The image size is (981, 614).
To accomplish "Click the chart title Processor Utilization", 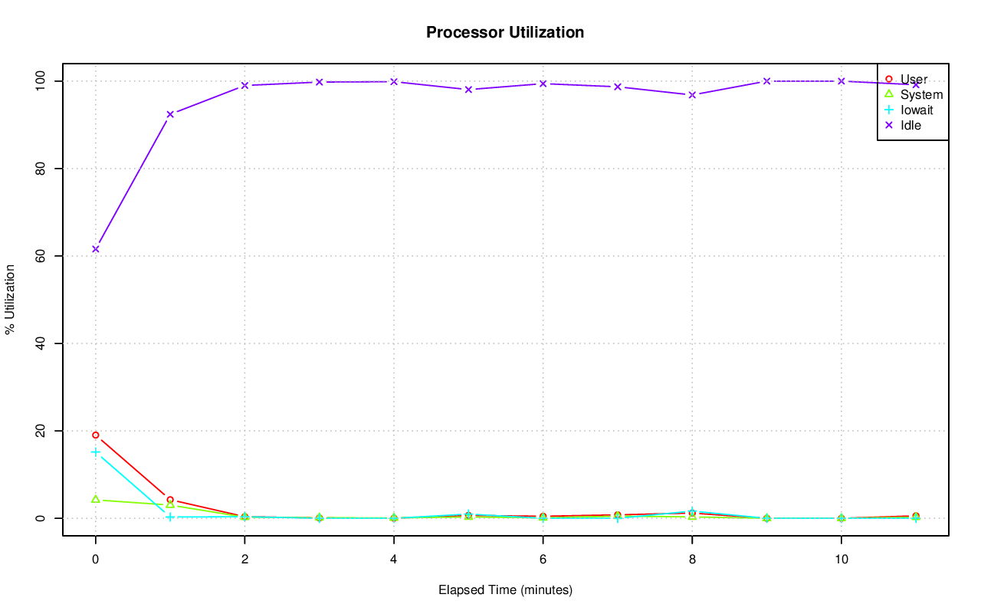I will point(505,32).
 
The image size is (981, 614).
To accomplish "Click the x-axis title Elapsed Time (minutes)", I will point(505,590).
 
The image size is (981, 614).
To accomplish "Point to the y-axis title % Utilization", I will point(11,299).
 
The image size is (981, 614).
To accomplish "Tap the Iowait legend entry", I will point(917,110).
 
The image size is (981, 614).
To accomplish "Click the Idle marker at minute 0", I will point(96,249).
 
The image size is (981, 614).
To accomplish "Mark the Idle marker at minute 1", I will point(170,114).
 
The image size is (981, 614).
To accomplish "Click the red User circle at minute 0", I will point(96,435).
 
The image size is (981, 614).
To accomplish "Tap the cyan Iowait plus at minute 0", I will point(96,452).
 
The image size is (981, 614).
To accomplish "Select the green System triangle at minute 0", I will point(96,499).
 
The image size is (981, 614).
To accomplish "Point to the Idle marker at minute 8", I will point(692,95).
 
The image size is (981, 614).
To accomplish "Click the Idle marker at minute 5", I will point(468,90).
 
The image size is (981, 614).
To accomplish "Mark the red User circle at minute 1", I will point(170,500).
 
